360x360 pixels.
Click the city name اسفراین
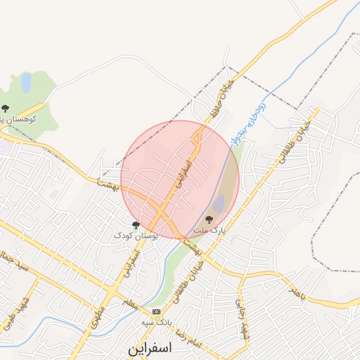(150, 348)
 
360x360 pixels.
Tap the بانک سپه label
(157, 322)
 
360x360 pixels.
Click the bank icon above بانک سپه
(156, 311)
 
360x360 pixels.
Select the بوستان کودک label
(136, 236)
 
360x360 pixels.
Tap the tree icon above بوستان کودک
(136, 225)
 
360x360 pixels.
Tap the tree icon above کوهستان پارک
(6, 108)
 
